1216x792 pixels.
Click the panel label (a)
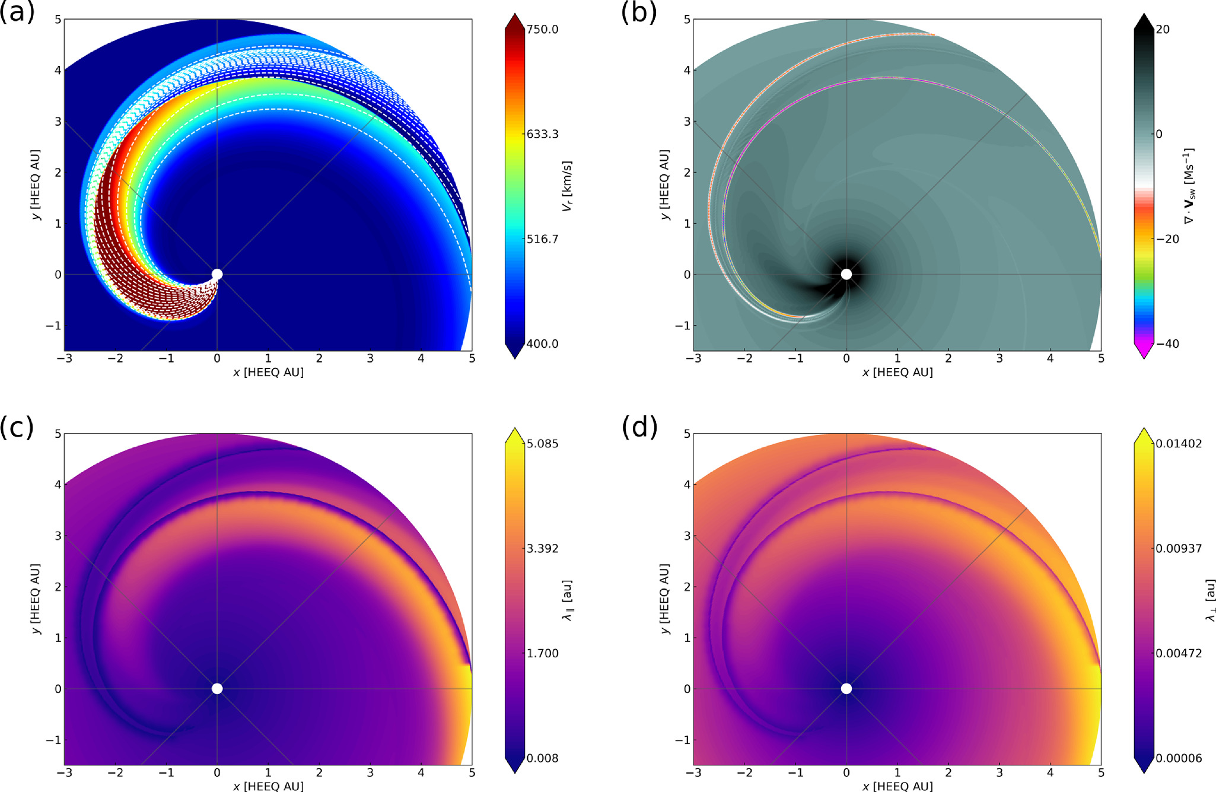[17, 12]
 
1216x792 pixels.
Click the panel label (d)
[639, 427]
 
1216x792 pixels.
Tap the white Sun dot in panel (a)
[217, 274]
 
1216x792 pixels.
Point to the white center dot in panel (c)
[217, 689]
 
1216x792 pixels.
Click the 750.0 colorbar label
[542, 30]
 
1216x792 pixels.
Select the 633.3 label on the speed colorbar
[542, 134]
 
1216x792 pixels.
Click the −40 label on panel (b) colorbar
[1167, 344]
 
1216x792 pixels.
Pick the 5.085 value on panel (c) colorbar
[542, 444]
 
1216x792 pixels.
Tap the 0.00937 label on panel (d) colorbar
[1178, 549]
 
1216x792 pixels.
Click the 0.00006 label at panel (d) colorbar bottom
[1178, 758]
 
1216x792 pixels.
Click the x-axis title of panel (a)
[268, 373]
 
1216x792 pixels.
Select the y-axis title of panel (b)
[664, 185]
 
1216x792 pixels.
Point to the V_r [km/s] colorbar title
[567, 186]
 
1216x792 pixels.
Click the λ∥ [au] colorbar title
[568, 600]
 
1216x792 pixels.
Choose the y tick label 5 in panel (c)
[58, 434]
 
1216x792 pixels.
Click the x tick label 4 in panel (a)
[421, 359]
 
